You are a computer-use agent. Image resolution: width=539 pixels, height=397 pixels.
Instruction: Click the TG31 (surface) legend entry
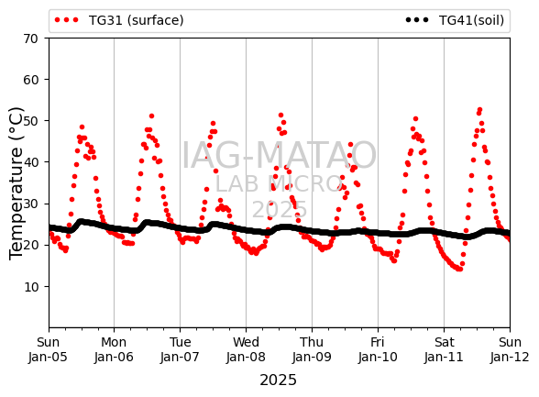(119, 20)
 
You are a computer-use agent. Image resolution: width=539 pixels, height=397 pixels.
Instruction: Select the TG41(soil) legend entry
(455, 20)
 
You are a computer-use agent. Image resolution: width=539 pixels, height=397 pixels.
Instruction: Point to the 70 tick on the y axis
(30, 39)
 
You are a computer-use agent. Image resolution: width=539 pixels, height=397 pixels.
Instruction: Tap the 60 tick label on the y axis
(30, 80)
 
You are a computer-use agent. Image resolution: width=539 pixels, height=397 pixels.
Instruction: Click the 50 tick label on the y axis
(30, 121)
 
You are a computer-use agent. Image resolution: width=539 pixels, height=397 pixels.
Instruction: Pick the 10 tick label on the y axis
(30, 287)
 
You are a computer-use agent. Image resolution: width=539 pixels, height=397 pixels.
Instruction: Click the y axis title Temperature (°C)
(16, 183)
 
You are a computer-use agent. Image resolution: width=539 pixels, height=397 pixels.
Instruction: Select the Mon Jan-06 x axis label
(114, 349)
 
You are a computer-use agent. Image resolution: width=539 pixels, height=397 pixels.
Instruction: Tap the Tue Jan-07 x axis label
(180, 349)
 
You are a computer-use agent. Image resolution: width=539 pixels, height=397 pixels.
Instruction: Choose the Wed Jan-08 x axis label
(246, 349)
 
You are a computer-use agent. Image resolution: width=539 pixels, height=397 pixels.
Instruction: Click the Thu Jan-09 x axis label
(312, 349)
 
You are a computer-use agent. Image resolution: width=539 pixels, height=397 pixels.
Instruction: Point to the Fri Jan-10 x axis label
(378, 349)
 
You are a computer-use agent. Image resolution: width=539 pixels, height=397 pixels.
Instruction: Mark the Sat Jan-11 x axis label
(444, 349)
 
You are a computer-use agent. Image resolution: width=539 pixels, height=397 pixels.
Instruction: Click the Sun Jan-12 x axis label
(510, 349)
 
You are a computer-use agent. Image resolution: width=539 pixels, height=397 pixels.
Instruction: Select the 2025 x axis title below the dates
(278, 380)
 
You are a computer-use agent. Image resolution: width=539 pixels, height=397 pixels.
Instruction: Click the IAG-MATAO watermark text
(279, 155)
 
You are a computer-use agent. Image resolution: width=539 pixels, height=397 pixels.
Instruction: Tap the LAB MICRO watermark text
(279, 184)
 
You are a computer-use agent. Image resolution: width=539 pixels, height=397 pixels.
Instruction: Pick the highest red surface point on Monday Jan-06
(151, 116)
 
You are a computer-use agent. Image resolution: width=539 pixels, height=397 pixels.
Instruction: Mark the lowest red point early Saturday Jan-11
(460, 270)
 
